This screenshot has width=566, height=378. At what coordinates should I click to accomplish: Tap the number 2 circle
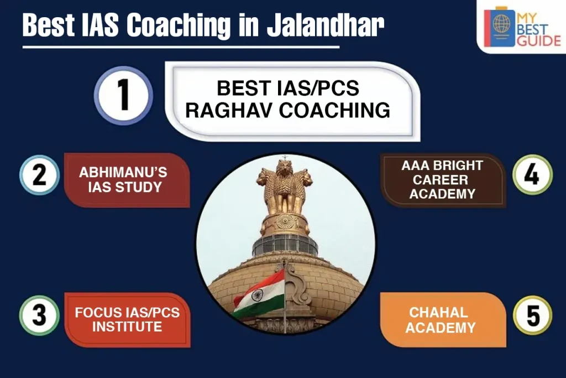39,176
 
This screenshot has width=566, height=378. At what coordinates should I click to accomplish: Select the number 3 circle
39,316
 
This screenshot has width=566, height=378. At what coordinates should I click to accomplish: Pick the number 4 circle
532,175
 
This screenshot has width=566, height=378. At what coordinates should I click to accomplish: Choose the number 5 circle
532,316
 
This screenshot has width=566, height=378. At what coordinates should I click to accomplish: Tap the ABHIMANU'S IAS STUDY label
124,179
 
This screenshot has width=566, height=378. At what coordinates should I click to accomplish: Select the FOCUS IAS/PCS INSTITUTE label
127,319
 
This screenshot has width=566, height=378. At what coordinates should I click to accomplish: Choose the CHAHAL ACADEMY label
440,319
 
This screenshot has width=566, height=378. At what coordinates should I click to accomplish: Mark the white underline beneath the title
181,48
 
